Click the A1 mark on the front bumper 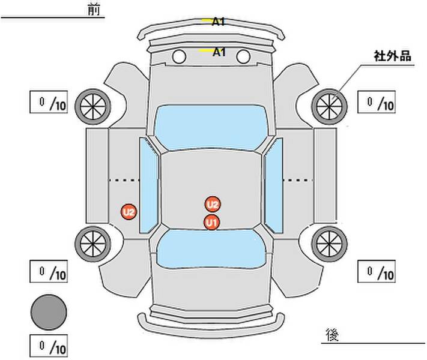tap(219, 22)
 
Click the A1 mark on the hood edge tap(219, 52)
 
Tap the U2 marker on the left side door tap(129, 212)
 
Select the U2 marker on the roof tap(213, 205)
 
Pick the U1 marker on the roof tap(211, 223)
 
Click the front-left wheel tap(93, 107)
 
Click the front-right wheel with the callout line tap(329, 107)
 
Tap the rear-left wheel tap(93, 244)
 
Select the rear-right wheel tap(329, 244)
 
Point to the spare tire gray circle tap(49, 312)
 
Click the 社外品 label tap(392, 56)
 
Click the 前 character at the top tap(94, 10)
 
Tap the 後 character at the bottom tap(332, 335)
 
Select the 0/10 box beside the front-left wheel tap(49, 102)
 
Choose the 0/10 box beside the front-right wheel tap(377, 102)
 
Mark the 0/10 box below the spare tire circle tap(49, 346)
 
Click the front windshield tap(211, 127)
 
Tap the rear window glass tap(211, 248)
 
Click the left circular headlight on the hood tap(179, 56)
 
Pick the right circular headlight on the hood tap(243, 56)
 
